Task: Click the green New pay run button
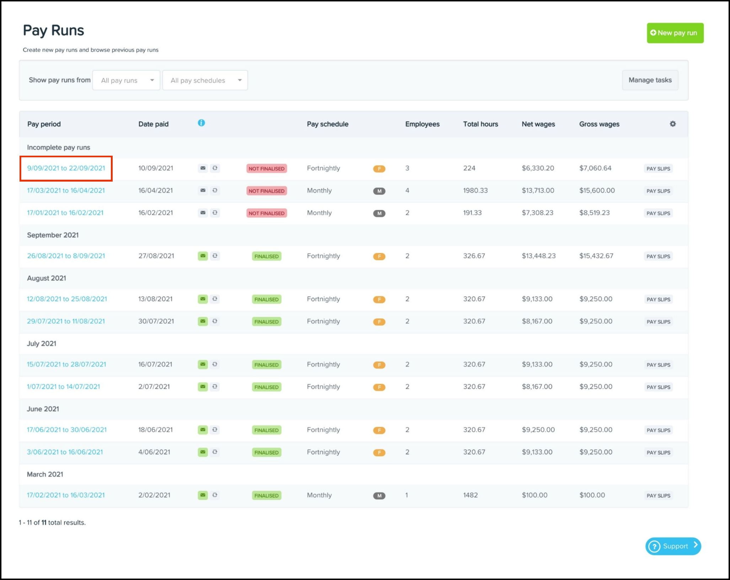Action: [x=675, y=33]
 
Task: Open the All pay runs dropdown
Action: [x=126, y=80]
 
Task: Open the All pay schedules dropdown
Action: [x=205, y=80]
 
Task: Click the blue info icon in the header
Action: [x=201, y=123]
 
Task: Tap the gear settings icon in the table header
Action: [x=672, y=124]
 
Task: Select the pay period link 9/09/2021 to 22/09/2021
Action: [x=66, y=168]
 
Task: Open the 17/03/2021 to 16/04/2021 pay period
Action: [x=66, y=190]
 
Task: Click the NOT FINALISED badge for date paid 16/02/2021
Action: [x=267, y=213]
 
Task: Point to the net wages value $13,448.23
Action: [x=538, y=256]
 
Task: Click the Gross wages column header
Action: [x=599, y=124]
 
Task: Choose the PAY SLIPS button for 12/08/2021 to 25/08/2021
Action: [x=658, y=299]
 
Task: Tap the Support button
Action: [x=673, y=546]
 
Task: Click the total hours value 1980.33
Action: [x=475, y=190]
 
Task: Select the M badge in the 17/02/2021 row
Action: [x=379, y=496]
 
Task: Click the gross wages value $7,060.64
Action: [x=595, y=168]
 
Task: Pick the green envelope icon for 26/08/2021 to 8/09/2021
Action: [x=203, y=256]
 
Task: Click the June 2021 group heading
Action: [x=43, y=409]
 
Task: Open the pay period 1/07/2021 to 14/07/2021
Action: [x=63, y=387]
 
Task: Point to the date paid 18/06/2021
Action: [x=155, y=430]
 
